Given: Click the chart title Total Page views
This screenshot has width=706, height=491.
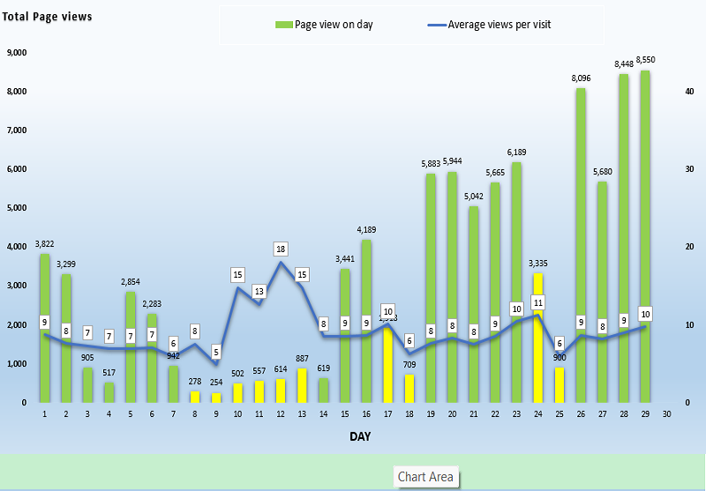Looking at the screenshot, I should point(46,17).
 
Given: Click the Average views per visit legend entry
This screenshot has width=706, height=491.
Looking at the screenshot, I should point(499,25).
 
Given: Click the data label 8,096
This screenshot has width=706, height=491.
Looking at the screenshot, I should point(581,78).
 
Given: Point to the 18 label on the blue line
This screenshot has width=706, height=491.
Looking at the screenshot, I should point(281,249).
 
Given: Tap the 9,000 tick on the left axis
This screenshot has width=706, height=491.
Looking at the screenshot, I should point(15,53).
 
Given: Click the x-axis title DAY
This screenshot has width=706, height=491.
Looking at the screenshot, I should point(359,437).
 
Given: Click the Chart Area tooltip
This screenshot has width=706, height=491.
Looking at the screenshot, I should point(425,477).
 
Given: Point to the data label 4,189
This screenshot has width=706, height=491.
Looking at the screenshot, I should point(366,230).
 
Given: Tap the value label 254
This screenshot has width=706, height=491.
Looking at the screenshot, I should point(217,383).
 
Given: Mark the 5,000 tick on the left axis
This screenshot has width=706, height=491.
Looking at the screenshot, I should point(15,208).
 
